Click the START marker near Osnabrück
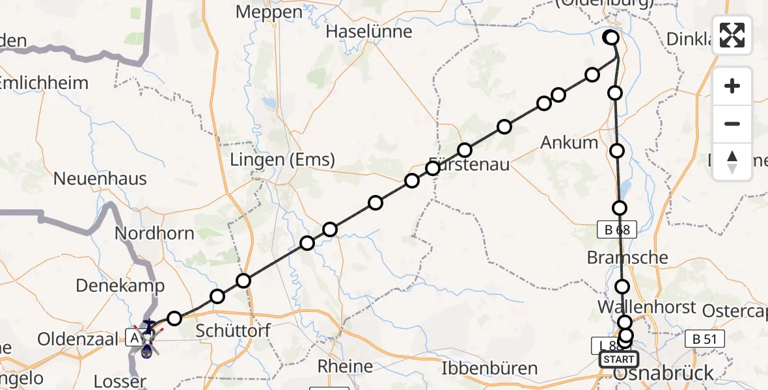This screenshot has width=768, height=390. pyautogui.click(x=618, y=359)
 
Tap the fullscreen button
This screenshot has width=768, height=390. pyautogui.click(x=732, y=35)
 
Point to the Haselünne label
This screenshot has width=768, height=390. pyautogui.click(x=368, y=31)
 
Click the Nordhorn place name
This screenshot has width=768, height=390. pyautogui.click(x=154, y=233)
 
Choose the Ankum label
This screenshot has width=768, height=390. pyautogui.click(x=569, y=142)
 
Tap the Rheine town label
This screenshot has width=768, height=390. pyautogui.click(x=345, y=367)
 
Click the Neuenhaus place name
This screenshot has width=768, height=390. pyautogui.click(x=100, y=178)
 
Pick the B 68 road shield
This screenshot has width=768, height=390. pyautogui.click(x=616, y=229)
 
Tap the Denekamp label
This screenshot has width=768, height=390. pyautogui.click(x=120, y=285)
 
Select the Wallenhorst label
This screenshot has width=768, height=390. pyautogui.click(x=647, y=307)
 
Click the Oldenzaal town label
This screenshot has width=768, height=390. pyautogui.click(x=77, y=339)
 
